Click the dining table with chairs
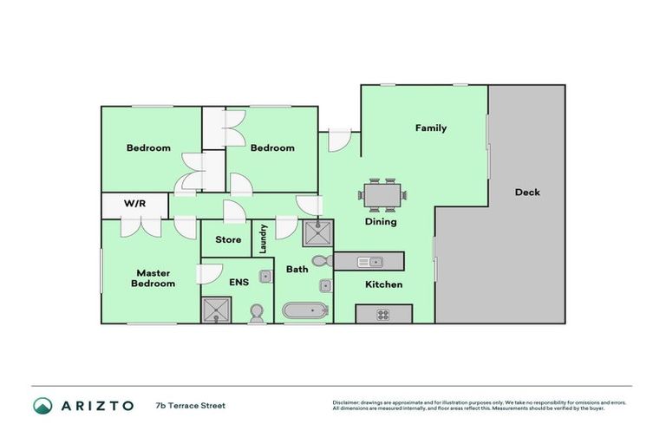pos(382,195)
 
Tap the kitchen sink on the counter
pos(375,262)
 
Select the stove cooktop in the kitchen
pos(382,314)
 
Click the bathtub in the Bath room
pos(304,310)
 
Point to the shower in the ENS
pos(216,310)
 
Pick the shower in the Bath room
pos(317,233)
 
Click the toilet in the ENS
pos(256,315)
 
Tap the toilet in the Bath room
pos(320,260)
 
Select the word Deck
pos(526,193)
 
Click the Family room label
pos(430,128)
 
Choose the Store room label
pos(227,240)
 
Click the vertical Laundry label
pos(263,239)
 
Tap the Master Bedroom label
pos(153,278)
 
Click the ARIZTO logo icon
pos(42,405)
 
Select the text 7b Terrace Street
pos(190,405)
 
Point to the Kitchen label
pos(382,284)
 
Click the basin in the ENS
pos(265,276)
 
